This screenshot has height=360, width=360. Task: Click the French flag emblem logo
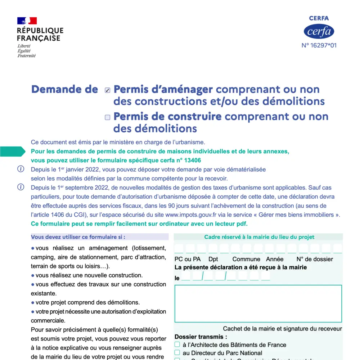coord(27,21)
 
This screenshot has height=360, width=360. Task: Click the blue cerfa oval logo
coord(319,32)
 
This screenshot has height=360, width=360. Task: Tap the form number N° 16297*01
coord(319,46)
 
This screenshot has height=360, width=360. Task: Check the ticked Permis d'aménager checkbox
coord(107,90)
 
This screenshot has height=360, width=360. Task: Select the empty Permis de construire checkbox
coord(107,117)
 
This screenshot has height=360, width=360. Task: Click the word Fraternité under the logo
coord(27,56)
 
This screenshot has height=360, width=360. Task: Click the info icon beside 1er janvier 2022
coord(21,169)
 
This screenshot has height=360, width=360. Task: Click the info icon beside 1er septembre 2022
coord(21,187)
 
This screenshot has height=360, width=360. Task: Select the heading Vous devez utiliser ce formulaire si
coord(78,237)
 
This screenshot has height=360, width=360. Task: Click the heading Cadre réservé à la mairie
coord(259,237)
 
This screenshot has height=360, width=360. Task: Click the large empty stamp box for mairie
coord(258,303)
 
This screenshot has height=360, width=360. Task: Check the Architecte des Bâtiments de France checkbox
coord(177,345)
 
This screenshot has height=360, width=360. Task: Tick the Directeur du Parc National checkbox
coord(177,353)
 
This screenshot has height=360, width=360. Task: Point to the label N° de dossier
coord(315,259)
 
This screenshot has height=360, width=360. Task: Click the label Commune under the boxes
coord(246,259)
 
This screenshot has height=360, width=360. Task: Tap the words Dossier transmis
coord(201,337)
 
